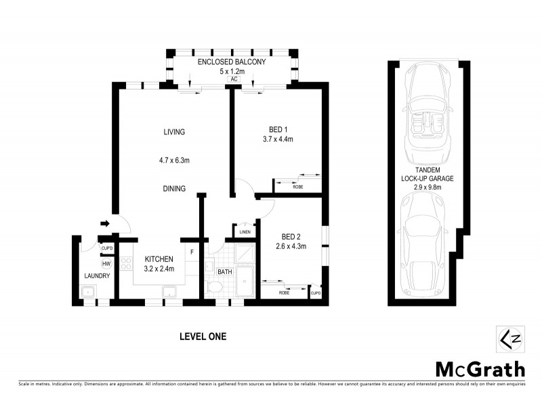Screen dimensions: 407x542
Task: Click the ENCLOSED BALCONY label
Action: tap(231, 62)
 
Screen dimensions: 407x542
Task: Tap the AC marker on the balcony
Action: tap(233, 79)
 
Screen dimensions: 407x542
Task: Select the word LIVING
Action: tap(174, 132)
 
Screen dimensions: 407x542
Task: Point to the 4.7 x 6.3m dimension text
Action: tap(174, 161)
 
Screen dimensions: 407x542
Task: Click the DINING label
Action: tap(174, 189)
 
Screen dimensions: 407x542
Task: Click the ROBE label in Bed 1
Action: tap(297, 186)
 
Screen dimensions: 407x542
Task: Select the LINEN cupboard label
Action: tap(245, 232)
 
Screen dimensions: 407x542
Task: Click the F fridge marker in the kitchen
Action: tap(192, 252)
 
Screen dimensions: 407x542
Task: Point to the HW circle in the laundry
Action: tap(106, 264)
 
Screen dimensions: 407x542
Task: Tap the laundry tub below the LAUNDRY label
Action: tap(88, 292)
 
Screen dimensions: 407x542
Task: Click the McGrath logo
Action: tap(479, 369)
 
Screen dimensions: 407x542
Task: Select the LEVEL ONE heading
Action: tap(203, 336)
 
